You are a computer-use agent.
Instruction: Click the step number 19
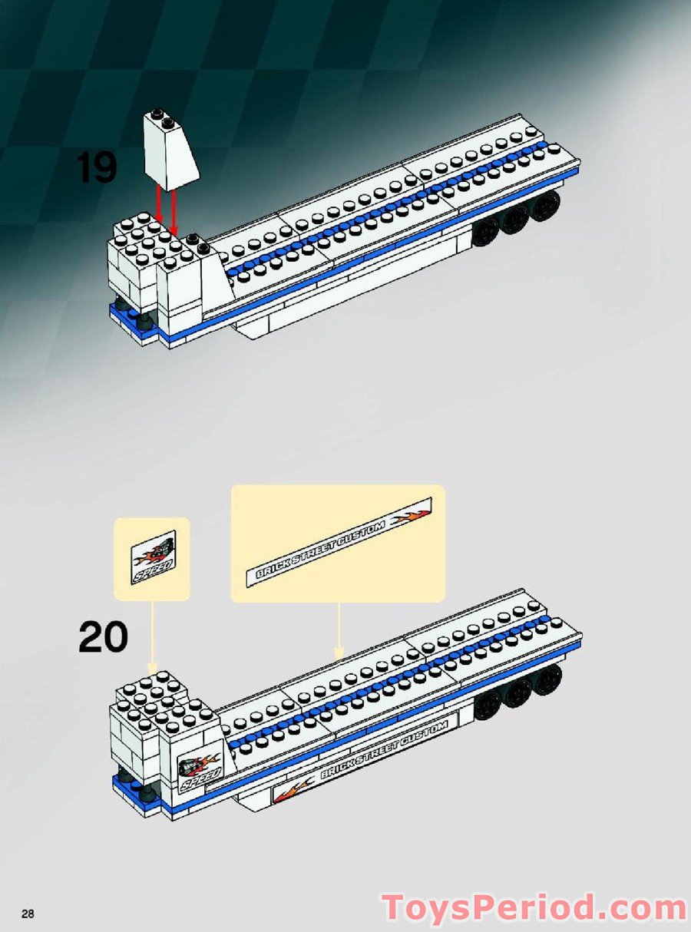97,168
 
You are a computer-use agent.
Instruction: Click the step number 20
103,638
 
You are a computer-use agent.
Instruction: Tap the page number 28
28,914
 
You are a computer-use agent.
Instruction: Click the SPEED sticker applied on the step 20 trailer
198,770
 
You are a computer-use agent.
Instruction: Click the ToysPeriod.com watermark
535,907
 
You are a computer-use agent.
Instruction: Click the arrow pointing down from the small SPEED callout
152,634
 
